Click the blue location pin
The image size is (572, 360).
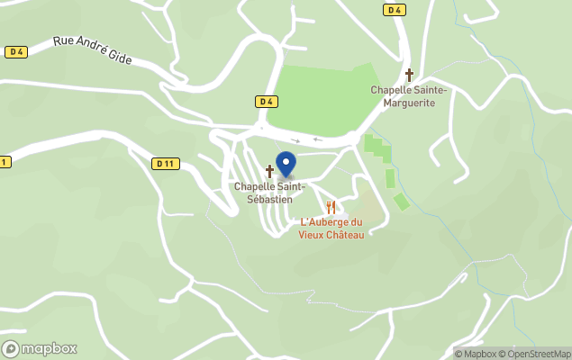point(286,164)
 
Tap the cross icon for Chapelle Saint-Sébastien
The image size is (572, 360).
point(269,170)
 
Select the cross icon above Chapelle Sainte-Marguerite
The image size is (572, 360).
point(409,76)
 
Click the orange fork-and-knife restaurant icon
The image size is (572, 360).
point(331,208)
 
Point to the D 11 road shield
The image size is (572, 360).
point(164,163)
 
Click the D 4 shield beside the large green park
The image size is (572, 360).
point(265,102)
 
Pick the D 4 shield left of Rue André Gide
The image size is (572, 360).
point(15,52)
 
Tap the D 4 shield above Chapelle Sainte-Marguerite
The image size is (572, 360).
point(393,10)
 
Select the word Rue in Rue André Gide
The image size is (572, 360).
point(63,40)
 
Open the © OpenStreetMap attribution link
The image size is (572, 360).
point(538,353)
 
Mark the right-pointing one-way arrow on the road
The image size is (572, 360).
point(295,140)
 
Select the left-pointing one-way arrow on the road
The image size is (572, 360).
point(317,139)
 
